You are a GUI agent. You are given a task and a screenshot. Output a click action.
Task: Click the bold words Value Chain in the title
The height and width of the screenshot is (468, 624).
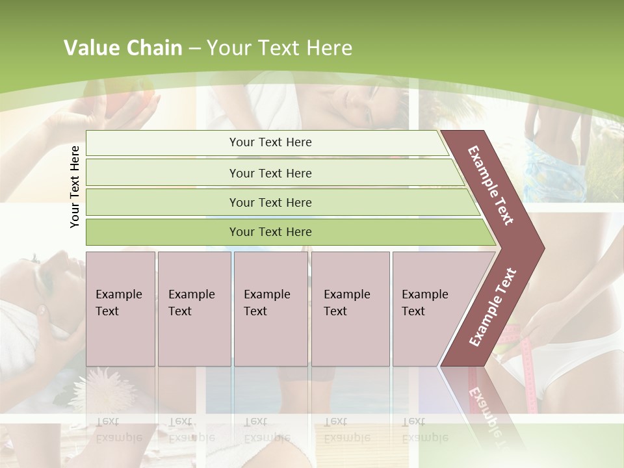tap(123, 48)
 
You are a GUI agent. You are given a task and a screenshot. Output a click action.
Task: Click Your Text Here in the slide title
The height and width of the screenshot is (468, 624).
tap(279, 48)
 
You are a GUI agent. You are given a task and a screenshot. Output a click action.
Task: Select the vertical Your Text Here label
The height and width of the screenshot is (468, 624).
tap(75, 187)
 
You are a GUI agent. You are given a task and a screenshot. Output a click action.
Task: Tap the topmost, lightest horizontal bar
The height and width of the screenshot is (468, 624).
tap(270, 142)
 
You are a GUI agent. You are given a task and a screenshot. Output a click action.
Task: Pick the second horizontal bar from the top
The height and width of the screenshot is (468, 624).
tap(270, 173)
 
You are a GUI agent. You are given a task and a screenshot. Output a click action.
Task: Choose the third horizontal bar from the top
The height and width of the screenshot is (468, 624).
tap(270, 202)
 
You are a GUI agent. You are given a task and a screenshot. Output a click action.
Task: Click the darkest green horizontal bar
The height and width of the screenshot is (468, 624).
tap(270, 232)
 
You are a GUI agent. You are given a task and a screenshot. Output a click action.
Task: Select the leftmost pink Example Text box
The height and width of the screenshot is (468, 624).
tap(120, 309)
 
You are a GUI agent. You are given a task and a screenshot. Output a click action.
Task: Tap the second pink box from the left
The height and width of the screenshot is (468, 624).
tap(194, 309)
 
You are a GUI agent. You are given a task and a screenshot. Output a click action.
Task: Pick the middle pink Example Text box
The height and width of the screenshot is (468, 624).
tap(270, 309)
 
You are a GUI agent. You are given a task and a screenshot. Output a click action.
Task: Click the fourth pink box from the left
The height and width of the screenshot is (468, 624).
tap(350, 309)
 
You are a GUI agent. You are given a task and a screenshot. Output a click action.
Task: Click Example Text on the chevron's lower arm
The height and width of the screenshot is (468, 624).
tap(493, 307)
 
